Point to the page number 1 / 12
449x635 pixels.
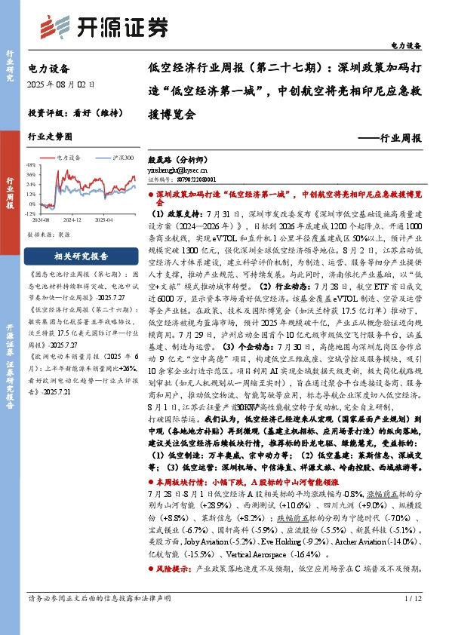point(413,620)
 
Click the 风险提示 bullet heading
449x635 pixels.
point(174,589)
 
